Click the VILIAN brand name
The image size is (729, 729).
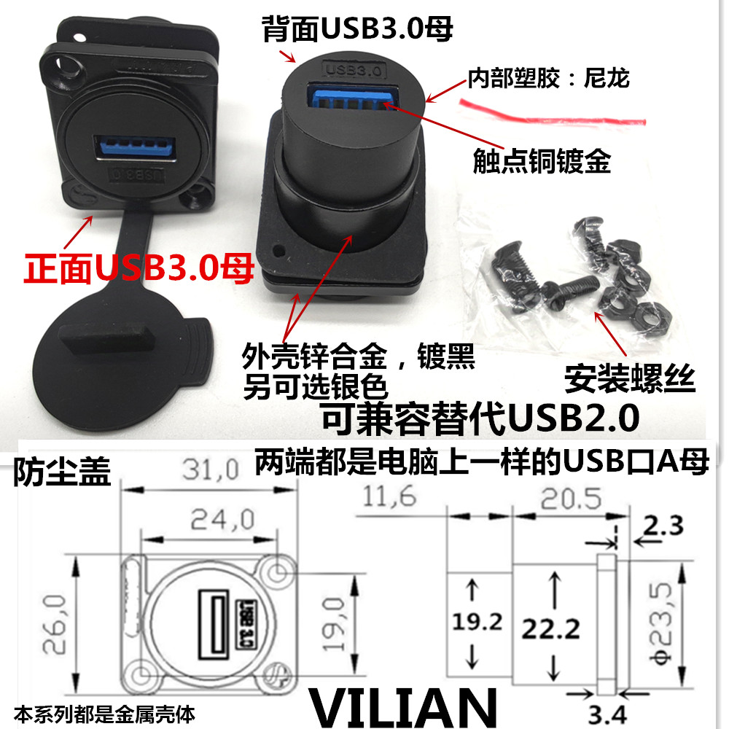click(x=403, y=706)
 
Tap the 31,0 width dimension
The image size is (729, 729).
click(x=211, y=469)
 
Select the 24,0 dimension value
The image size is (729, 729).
click(x=222, y=519)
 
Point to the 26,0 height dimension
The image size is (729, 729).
click(x=55, y=624)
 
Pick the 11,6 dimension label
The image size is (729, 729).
click(x=389, y=496)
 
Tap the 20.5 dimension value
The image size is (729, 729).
click(x=571, y=499)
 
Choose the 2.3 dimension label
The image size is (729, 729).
click(x=663, y=526)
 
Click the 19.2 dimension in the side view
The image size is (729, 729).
click(x=477, y=622)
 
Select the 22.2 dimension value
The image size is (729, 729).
click(x=551, y=629)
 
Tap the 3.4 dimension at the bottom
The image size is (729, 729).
click(x=607, y=715)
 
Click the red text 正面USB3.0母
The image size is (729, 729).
click(x=139, y=268)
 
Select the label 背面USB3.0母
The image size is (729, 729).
click(x=357, y=29)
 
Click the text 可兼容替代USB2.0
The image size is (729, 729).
click(x=480, y=418)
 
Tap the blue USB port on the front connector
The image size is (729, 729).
click(x=135, y=149)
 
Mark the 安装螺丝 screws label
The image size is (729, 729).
click(x=630, y=380)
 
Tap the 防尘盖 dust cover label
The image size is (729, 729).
click(x=62, y=472)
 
